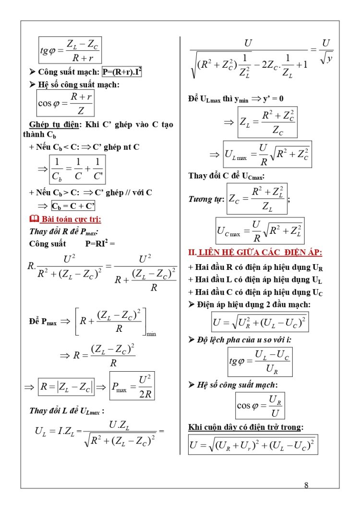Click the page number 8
coord(306,485)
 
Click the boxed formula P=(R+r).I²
coord(122,72)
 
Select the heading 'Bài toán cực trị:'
coord(70,219)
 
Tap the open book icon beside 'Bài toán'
coord(34,219)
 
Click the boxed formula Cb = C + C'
coord(73,206)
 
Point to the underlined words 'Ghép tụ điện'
coord(52,124)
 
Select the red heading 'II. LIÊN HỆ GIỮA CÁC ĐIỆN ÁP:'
coord(255,253)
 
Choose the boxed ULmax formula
coord(267,155)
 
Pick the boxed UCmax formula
coord(260,230)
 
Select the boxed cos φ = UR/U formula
coord(260,406)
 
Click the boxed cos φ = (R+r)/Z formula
coord(66,103)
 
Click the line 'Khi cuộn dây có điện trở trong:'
coord(246,427)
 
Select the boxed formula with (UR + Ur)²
coord(253,445)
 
